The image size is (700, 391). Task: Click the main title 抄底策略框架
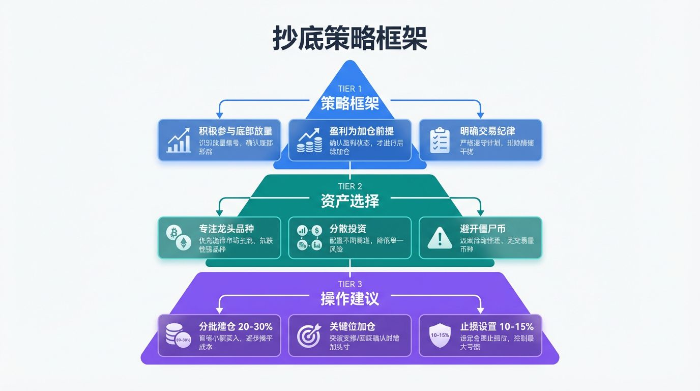coord(350,39)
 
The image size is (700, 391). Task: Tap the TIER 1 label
coord(350,89)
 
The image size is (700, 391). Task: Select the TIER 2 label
coord(350,186)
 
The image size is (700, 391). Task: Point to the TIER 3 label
coord(350,284)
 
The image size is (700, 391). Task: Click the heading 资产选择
coord(350,201)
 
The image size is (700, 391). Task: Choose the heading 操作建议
coord(350,299)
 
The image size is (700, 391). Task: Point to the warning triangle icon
coord(440,238)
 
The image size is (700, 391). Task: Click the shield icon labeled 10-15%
coord(440,336)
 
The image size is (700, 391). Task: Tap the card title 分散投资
coord(348,229)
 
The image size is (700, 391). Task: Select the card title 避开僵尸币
coord(483,229)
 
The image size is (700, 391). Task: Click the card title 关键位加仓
coord(353,326)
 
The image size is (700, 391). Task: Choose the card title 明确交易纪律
coord(487,131)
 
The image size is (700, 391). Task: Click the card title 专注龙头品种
coord(227,229)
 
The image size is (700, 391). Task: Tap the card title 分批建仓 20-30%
coord(236,326)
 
